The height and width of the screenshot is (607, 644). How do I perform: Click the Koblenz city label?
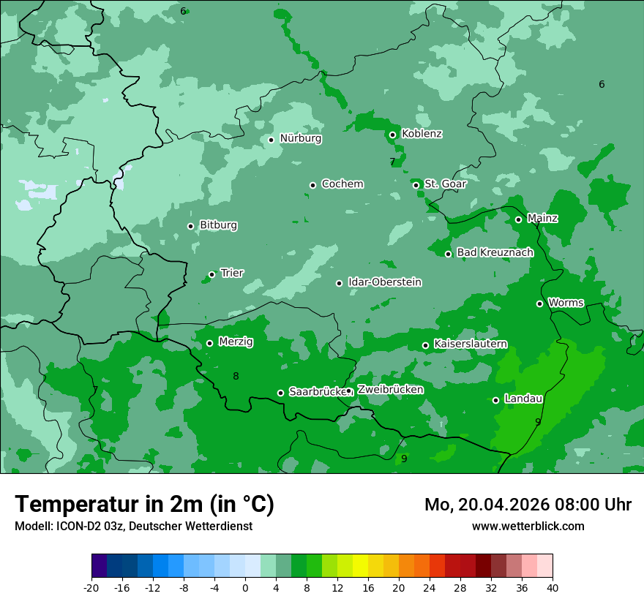pos(422,134)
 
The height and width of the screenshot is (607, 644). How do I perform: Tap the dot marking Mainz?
pos(518,219)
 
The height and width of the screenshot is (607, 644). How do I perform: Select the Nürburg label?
pos(300,138)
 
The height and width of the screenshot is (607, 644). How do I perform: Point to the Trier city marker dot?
pos(211,274)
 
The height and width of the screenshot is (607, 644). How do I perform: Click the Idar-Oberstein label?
pos(384,282)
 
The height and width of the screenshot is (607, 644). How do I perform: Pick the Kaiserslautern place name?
pos(470,344)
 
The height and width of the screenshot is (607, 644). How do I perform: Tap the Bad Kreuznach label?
pos(495,252)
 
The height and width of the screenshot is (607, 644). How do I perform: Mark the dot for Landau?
pos(495,400)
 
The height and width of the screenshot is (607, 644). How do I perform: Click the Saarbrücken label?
pos(317,392)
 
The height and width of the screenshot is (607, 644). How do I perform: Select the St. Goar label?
pos(445,184)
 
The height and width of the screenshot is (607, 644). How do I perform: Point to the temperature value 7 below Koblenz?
pos(392,162)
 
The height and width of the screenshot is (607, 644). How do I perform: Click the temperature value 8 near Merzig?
pos(236,376)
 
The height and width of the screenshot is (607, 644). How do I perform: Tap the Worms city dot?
pos(539,303)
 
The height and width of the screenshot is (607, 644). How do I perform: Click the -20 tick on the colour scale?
pos(91,587)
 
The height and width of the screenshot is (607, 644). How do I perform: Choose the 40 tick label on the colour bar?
pos(553,587)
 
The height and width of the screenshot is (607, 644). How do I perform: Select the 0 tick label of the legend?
pos(245,587)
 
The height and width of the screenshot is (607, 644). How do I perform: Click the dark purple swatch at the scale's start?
pos(99,566)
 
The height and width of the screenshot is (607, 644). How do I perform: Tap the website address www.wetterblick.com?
pos(528,527)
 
